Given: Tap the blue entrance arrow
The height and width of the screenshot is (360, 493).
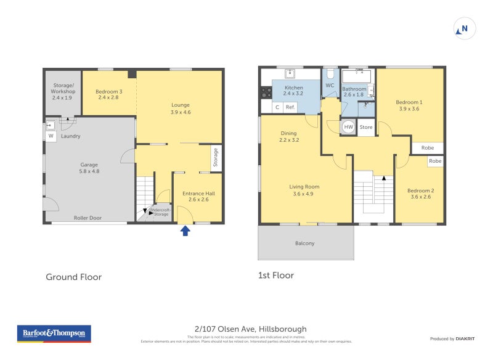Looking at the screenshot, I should (184, 231).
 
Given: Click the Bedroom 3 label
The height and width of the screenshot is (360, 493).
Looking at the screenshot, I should (108, 94).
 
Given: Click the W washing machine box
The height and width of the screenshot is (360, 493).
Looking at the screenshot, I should (51, 136).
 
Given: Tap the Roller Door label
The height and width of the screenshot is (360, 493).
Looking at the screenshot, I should (87, 218).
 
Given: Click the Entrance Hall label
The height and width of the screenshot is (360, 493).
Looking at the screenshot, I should (198, 196).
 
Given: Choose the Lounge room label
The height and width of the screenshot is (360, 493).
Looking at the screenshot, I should (181, 108).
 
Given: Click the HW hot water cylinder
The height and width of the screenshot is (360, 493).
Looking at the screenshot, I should (348, 127).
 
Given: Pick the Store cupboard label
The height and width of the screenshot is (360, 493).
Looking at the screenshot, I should (366, 128).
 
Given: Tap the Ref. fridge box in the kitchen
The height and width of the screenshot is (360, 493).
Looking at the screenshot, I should (290, 107).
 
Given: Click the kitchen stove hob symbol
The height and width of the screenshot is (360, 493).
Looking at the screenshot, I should (266, 92).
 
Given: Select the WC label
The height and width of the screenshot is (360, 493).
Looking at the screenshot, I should (330, 86).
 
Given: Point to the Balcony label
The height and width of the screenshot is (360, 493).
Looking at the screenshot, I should (304, 243).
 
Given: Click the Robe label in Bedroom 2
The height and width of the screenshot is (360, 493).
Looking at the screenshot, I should (435, 161).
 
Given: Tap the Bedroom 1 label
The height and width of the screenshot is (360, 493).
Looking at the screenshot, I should (409, 105).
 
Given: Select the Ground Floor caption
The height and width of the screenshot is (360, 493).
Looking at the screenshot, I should (73, 277).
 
